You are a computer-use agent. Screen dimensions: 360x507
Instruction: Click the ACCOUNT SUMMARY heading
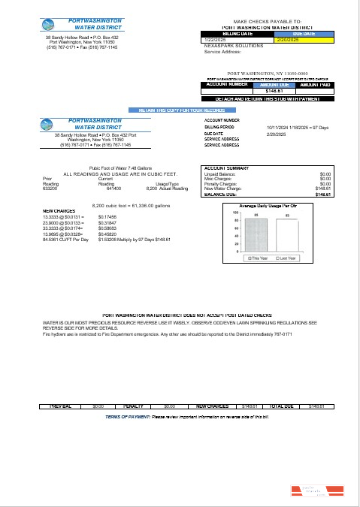coord(227,168)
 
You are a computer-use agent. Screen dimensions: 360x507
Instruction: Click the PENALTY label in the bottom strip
coord(133,406)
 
